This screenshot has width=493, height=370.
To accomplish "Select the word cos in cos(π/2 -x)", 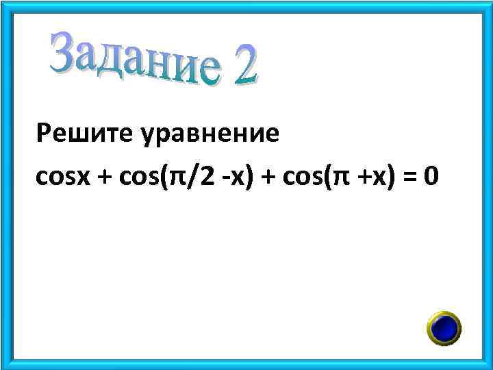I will pyautogui.click(x=136, y=177).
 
